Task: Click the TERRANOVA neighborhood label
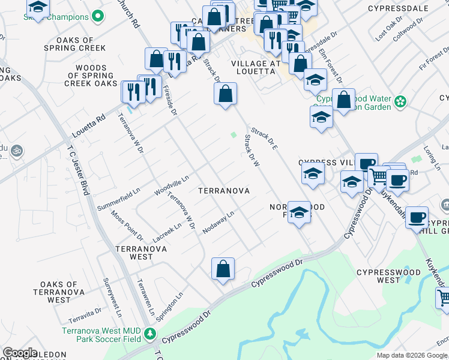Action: tap(224, 191)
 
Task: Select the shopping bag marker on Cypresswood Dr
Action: tap(223, 269)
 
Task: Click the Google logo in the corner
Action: tap(20, 353)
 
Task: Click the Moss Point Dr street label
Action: tap(127, 226)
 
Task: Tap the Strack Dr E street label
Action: tap(263, 138)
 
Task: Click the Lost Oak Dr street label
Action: tap(388, 32)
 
